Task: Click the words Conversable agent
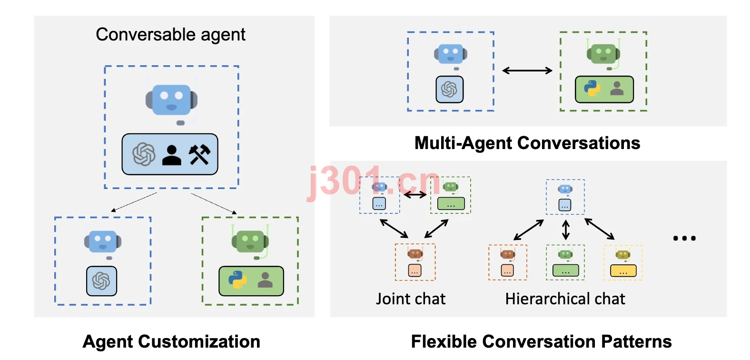(170, 34)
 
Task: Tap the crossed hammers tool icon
(199, 154)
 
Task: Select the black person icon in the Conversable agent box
(171, 155)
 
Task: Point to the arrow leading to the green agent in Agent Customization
(214, 203)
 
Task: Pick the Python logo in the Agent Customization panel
(237, 280)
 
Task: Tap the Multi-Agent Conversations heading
(527, 143)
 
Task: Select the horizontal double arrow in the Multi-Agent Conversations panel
(527, 70)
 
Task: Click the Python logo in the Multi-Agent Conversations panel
(592, 88)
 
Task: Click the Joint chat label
(411, 299)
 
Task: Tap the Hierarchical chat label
(565, 299)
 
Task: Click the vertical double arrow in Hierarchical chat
(566, 230)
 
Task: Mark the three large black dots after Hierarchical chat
(684, 238)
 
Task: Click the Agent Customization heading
(171, 341)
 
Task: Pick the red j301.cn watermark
(373, 182)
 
